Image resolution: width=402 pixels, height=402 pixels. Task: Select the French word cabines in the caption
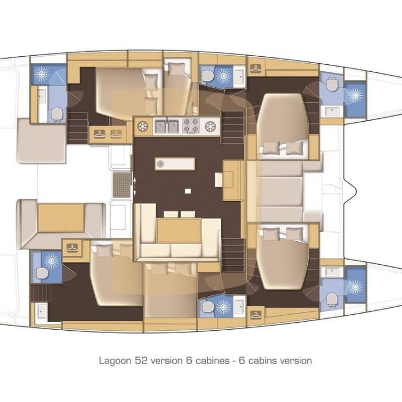pos(212,361)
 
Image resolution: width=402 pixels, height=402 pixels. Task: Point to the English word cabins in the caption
pos(263,361)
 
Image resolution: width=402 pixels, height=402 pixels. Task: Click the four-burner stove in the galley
pos(191,126)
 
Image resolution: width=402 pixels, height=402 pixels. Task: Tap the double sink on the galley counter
pos(167,126)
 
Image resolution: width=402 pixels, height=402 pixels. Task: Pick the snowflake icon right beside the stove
pos(210,126)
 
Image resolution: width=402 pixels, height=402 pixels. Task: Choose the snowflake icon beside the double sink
pos(143,126)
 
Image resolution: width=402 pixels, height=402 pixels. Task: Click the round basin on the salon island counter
pos(160,164)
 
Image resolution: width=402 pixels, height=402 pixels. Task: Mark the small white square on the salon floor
pos(188,191)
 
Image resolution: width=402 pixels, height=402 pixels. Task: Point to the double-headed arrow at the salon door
pos(134,186)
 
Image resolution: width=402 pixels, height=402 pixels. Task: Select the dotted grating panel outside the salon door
pos(122,185)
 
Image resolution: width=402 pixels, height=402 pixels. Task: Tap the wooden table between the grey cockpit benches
pos(61,218)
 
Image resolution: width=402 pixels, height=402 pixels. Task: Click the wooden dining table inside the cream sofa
pos(179,230)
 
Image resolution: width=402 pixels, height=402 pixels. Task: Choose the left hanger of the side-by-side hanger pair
pos(99,134)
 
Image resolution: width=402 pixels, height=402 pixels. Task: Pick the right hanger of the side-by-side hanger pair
pos(116,134)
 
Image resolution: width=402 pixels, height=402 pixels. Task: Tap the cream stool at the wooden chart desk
pos(219,179)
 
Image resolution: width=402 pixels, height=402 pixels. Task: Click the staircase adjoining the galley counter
pos(233,127)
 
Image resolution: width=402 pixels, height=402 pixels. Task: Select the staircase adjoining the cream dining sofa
pos(233,255)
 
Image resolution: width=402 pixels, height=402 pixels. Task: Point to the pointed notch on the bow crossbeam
pos(353,190)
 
